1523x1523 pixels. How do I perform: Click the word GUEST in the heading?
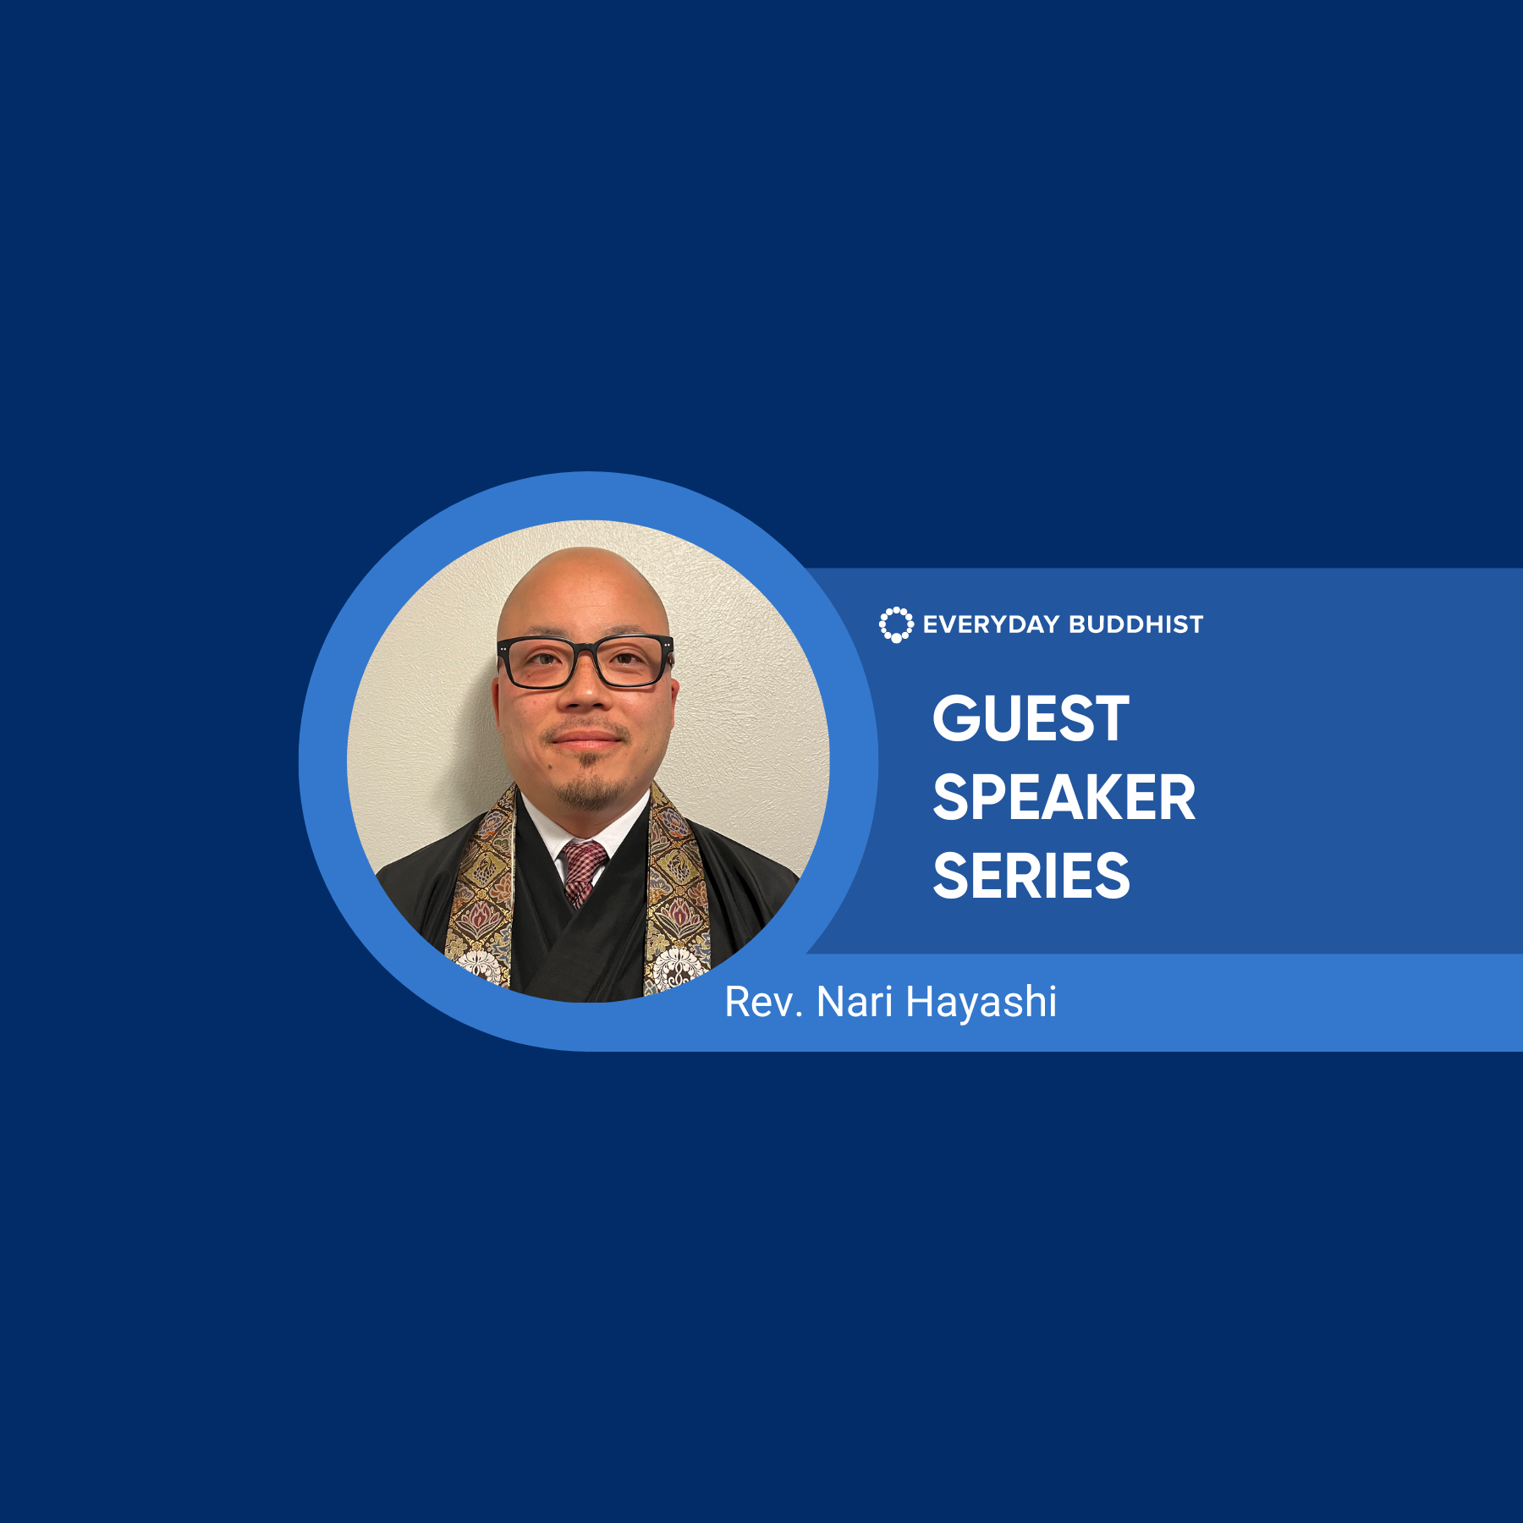pos(1031,718)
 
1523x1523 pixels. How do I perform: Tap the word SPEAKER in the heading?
pos(1064,797)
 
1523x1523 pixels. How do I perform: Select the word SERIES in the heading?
pos(1031,876)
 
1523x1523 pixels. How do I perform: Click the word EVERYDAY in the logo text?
pos(991,624)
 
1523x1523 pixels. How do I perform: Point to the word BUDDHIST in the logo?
pos(1135,624)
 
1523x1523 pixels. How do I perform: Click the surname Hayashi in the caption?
pos(981,1003)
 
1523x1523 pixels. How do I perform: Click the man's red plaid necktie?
pos(582,872)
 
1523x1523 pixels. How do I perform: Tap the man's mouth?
pos(586,740)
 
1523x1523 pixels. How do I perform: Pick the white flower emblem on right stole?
pos(677,965)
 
